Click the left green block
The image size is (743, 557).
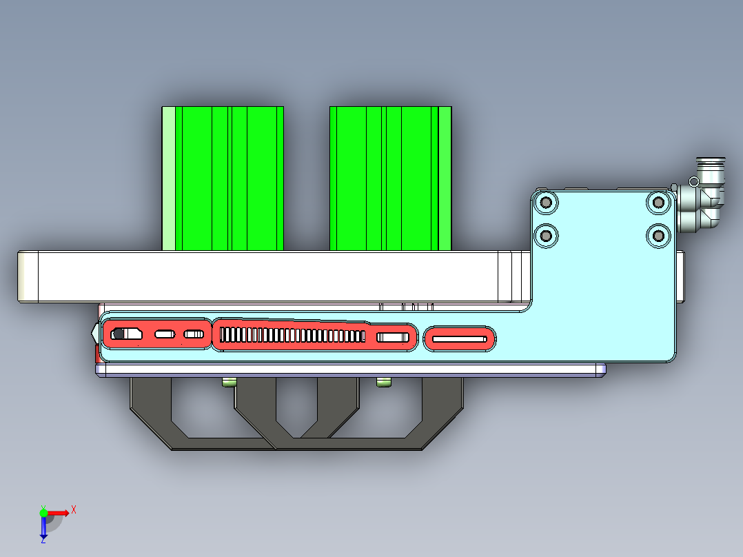[x=222, y=178]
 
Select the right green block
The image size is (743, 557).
[x=390, y=178]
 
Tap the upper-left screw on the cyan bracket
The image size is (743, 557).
[x=547, y=202]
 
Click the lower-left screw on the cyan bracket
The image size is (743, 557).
[x=547, y=236]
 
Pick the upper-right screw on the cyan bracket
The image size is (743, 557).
[x=658, y=202]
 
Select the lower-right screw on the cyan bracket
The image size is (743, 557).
[x=658, y=236]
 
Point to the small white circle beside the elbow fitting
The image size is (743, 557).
[x=693, y=181]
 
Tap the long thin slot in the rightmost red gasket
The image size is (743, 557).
[x=460, y=338]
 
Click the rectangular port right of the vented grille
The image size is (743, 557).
[x=392, y=337]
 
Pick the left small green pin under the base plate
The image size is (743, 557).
[x=229, y=382]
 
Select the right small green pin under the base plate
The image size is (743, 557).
[x=383, y=382]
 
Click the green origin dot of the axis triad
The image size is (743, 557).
[x=43, y=512]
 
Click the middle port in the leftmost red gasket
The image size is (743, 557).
[x=165, y=334]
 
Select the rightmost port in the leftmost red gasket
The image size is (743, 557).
[x=194, y=334]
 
